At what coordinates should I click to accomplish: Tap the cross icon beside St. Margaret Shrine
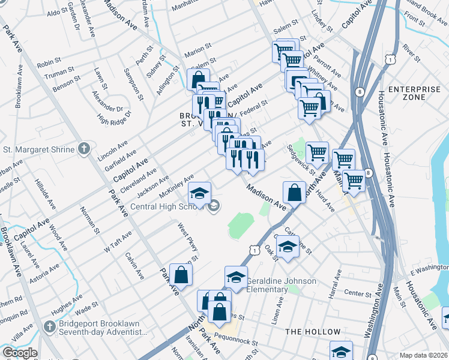click(85, 149)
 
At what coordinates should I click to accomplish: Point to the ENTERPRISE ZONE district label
click(414, 93)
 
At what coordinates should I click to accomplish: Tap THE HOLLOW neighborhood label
click(313, 332)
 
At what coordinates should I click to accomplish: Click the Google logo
click(19, 353)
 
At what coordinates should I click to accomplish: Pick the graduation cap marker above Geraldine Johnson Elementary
click(237, 277)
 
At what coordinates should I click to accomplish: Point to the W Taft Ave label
click(117, 242)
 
